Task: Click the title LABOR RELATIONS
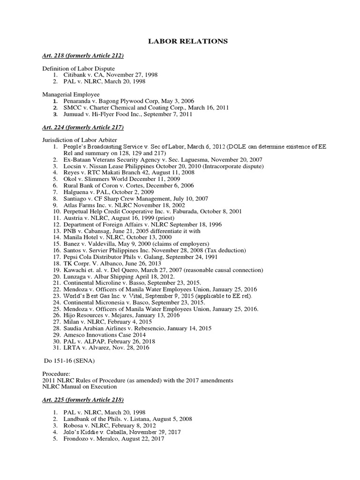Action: tap(188, 42)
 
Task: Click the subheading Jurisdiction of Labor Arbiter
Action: tap(80, 140)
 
